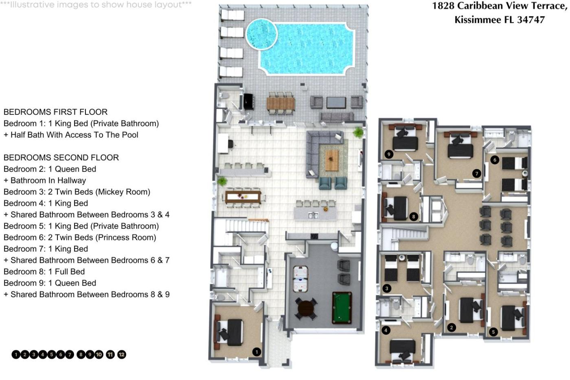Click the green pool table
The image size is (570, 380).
(x=342, y=308)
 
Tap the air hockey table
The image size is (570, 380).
(x=300, y=279)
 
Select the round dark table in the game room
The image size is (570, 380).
(x=306, y=309)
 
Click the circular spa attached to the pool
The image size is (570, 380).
(x=261, y=34)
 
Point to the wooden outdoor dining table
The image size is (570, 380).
(x=281, y=104)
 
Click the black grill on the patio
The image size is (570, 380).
(x=248, y=101)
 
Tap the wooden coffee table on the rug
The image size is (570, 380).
(x=332, y=160)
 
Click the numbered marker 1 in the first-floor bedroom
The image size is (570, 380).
(x=256, y=352)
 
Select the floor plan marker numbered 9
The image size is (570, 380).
(x=388, y=154)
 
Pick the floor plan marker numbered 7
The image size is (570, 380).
(x=477, y=174)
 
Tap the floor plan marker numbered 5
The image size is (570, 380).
(x=493, y=332)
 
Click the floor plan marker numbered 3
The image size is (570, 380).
(x=387, y=288)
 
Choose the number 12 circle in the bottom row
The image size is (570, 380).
(x=122, y=355)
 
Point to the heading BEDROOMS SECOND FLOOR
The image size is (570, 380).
(x=61, y=158)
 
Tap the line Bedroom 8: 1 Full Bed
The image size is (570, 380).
(x=44, y=272)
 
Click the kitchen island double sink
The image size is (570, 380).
(x=313, y=215)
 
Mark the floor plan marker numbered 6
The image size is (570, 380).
(x=495, y=160)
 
